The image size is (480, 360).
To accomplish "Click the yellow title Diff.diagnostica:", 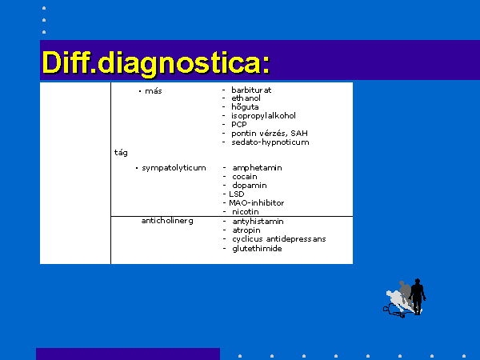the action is pos(156,62).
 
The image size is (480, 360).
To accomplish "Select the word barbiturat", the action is pos(251,90).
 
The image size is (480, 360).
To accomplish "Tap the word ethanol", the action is pos(246,98).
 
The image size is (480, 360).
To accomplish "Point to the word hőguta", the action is pos(245,107).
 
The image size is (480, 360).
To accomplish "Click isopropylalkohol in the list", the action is pos(263,116).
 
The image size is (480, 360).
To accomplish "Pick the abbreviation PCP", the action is pos(239,125).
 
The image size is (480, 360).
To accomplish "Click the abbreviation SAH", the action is pos(299,133).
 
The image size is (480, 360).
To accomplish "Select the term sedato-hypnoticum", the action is pos(270,142).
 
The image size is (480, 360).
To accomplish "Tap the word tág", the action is pos(121,153).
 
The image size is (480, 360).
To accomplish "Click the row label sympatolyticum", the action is pos(174,168).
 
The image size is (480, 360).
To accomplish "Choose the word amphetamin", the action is pos(257,168).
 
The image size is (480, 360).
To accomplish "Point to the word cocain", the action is pos(245,177).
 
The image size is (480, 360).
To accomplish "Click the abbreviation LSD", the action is pos(237,194).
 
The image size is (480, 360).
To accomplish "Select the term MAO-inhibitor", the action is pos(257,203).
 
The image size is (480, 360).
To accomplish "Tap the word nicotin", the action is pos(246,212).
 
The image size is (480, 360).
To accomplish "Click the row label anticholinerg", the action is pos(167,221).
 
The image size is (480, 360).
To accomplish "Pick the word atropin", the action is pos(246,230).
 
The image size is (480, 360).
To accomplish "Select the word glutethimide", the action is pos(257,248).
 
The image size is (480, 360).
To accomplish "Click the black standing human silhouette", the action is pos(418,296).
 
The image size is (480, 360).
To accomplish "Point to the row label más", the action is pos(154,91).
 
